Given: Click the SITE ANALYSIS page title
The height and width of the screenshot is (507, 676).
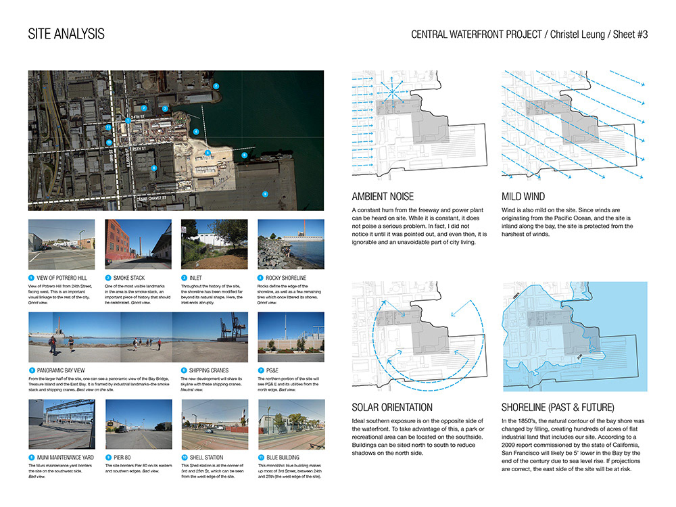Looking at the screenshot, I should pyautogui.click(x=66, y=34).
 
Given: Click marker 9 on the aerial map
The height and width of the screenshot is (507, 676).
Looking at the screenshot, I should pyautogui.click(x=265, y=193).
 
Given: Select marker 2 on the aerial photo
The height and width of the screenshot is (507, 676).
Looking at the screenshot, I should pyautogui.click(x=216, y=87).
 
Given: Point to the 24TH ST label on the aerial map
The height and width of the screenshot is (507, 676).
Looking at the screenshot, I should pyautogui.click(x=138, y=116).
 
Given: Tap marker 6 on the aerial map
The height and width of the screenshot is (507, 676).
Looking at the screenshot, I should pyautogui.click(x=244, y=155).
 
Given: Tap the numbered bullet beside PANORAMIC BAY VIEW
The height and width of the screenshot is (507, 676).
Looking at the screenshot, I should pyautogui.click(x=31, y=370).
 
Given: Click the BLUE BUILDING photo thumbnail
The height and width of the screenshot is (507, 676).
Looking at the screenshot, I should pyautogui.click(x=281, y=425).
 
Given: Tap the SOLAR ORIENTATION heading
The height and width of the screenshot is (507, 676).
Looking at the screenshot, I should pyautogui.click(x=392, y=408).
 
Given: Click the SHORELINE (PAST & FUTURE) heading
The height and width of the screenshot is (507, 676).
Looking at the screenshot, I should pyautogui.click(x=558, y=408).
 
